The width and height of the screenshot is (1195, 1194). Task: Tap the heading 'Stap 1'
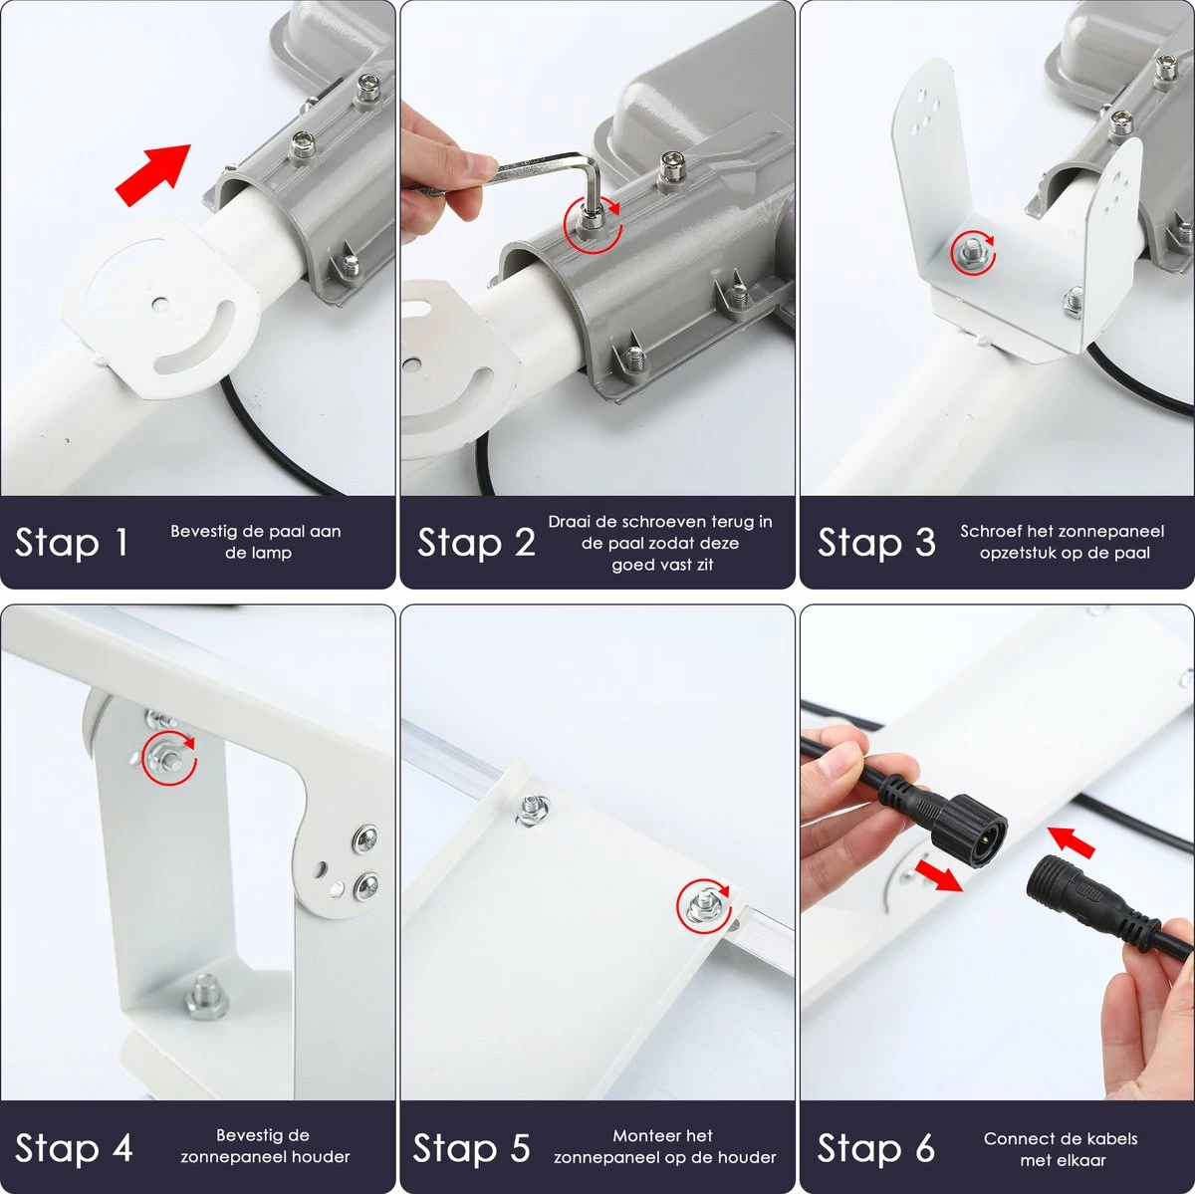click(72, 542)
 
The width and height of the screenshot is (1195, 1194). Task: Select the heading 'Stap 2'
click(476, 542)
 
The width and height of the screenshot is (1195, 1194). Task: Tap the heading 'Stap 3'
click(876, 542)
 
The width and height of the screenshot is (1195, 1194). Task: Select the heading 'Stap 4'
click(74, 1147)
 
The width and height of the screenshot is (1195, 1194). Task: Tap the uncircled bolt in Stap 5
click(534, 810)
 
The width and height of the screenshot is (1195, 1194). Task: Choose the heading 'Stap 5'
click(471, 1147)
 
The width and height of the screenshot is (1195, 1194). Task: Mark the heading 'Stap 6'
click(876, 1147)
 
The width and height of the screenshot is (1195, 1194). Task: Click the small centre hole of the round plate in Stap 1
click(159, 304)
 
